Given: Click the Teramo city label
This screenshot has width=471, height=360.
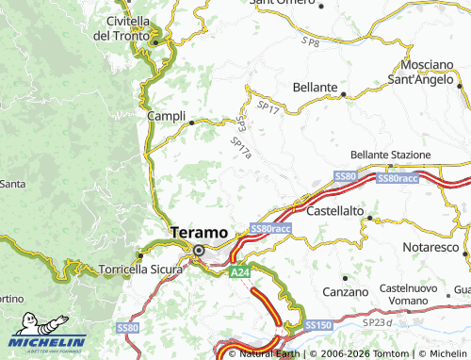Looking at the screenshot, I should pyautogui.click(x=199, y=232).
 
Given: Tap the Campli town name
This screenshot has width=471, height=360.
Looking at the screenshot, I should pyautogui.click(x=166, y=116).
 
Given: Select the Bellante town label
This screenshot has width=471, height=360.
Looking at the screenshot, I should pyautogui.click(x=315, y=87).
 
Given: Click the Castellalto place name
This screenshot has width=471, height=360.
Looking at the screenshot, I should pyautogui.click(x=335, y=210).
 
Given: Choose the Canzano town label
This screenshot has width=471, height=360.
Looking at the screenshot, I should pyautogui.click(x=345, y=292).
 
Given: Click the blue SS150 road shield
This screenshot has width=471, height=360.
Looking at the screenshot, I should pyautogui.click(x=317, y=324).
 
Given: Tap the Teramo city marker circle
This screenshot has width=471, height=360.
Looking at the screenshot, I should pyautogui.click(x=200, y=250).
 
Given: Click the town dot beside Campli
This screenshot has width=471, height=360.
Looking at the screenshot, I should pyautogui.click(x=192, y=122).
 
